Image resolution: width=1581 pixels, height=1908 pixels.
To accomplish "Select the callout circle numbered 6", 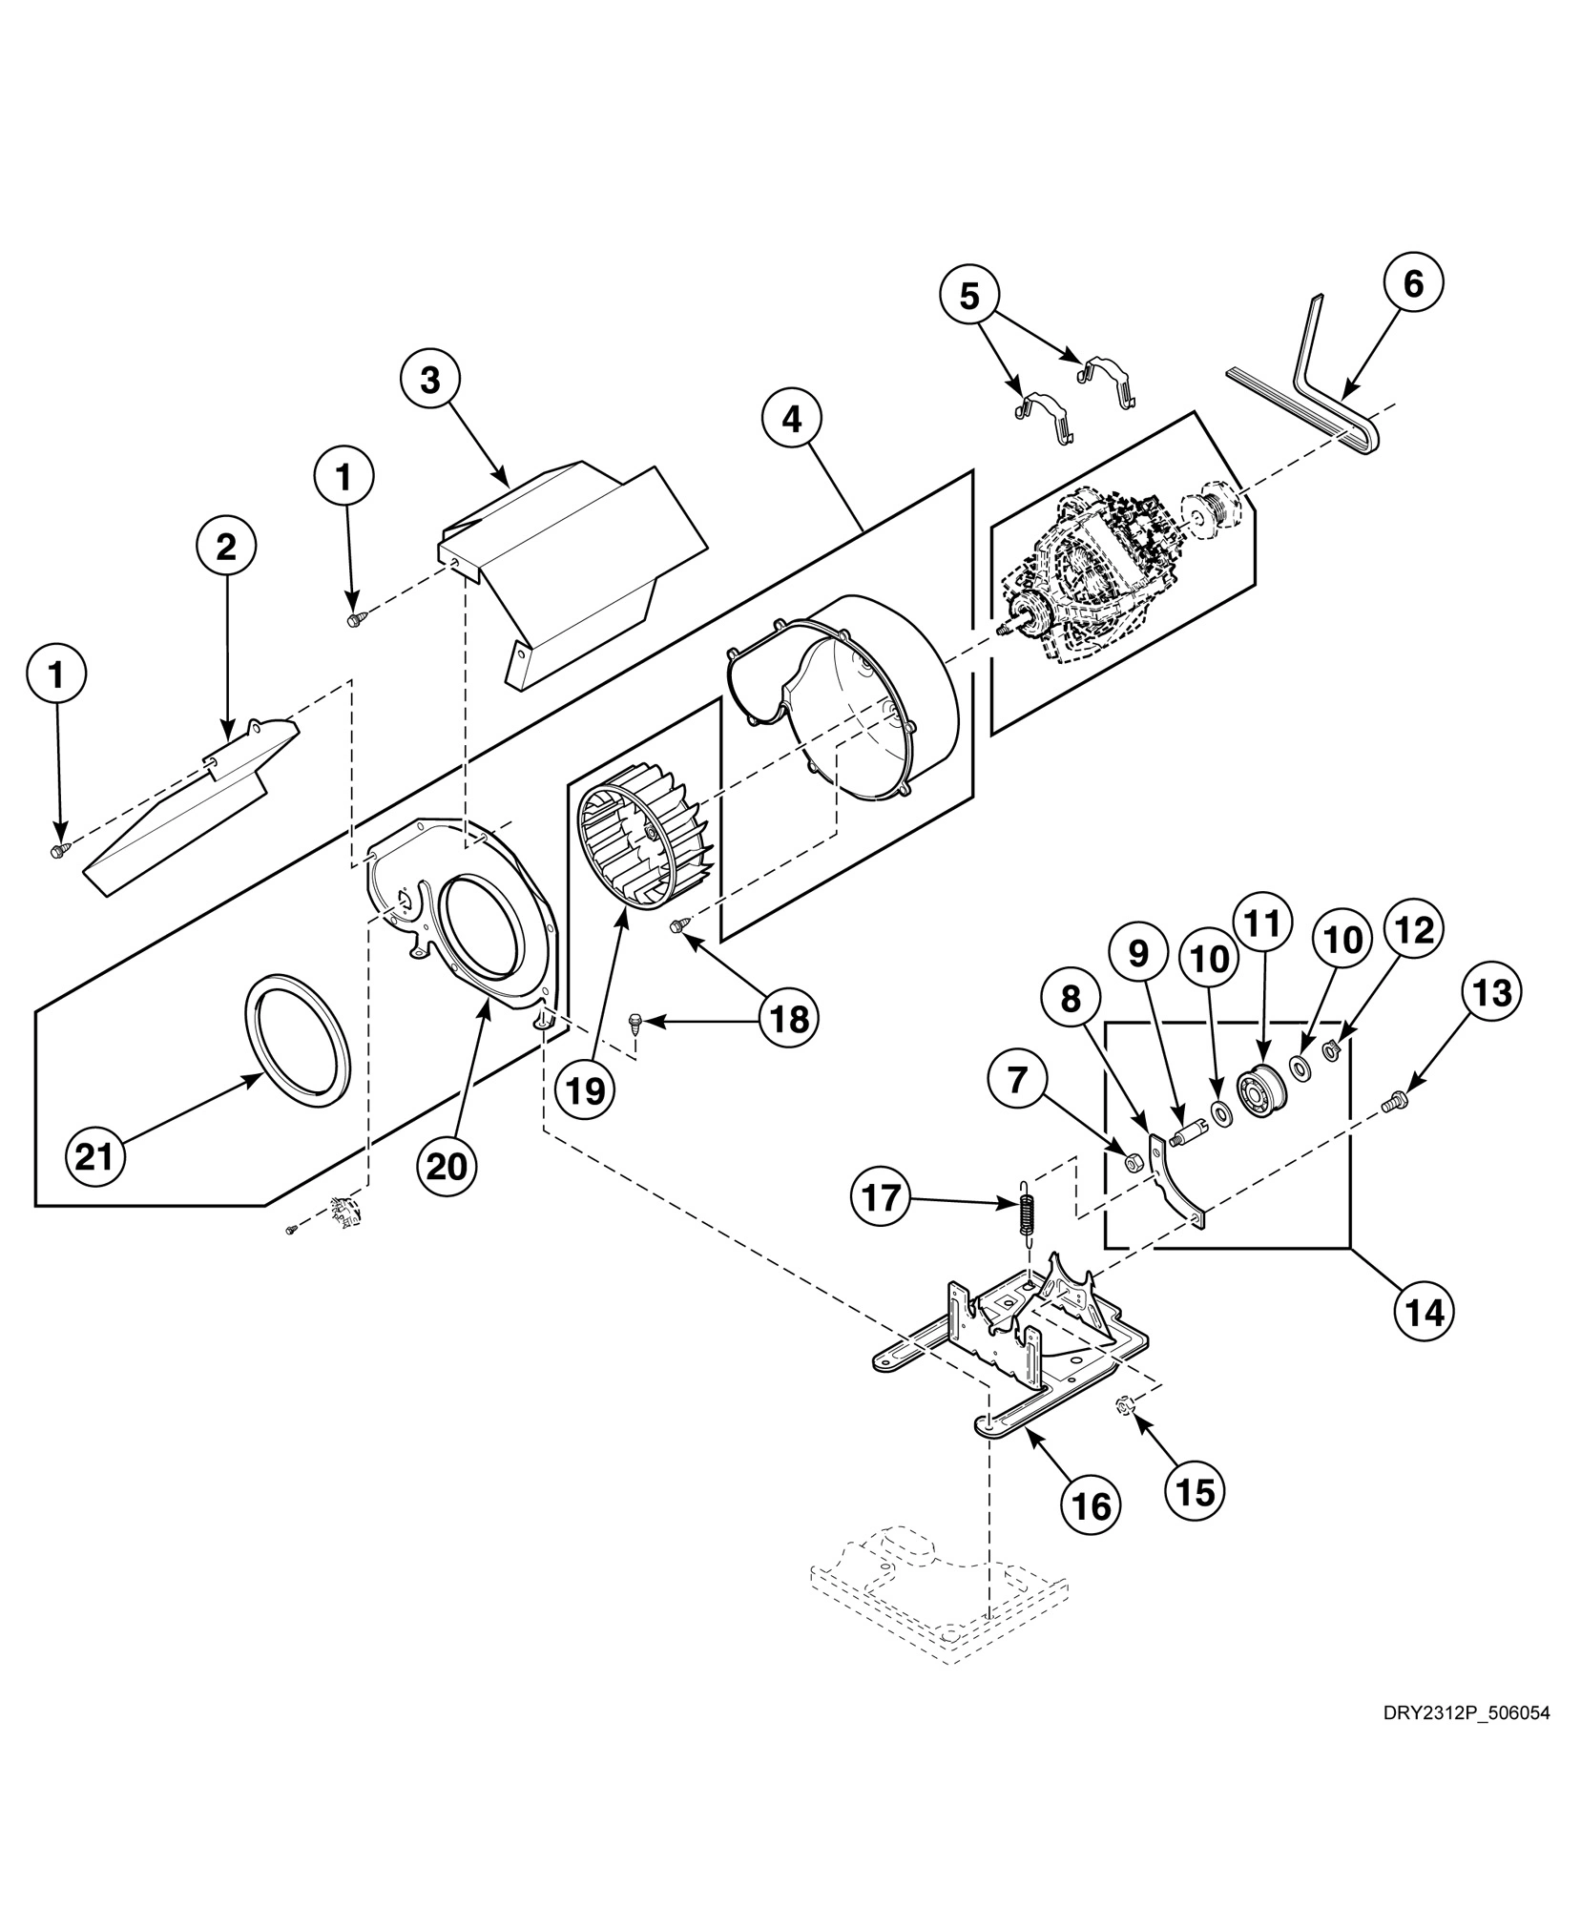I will [x=1413, y=283].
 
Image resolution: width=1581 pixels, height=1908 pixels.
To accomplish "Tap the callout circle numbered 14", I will [x=1425, y=1313].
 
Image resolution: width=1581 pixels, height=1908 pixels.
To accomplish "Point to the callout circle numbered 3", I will [x=430, y=380].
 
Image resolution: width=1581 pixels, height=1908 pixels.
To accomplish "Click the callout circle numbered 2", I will [x=226, y=547].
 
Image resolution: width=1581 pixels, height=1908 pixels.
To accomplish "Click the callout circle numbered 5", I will [x=968, y=297].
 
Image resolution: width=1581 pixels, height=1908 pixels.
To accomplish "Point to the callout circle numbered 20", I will [x=447, y=1166].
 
